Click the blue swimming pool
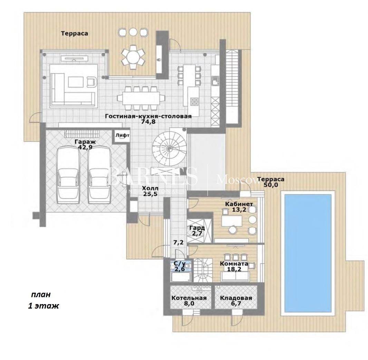(308, 253)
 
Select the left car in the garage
(68, 175)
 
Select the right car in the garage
(99, 175)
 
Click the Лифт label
(123, 135)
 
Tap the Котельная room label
(189, 298)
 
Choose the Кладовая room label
(236, 298)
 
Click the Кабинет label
(239, 204)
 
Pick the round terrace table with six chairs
(133, 57)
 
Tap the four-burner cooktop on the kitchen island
(194, 101)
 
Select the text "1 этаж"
(43, 306)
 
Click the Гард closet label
(197, 228)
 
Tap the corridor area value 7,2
(178, 242)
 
